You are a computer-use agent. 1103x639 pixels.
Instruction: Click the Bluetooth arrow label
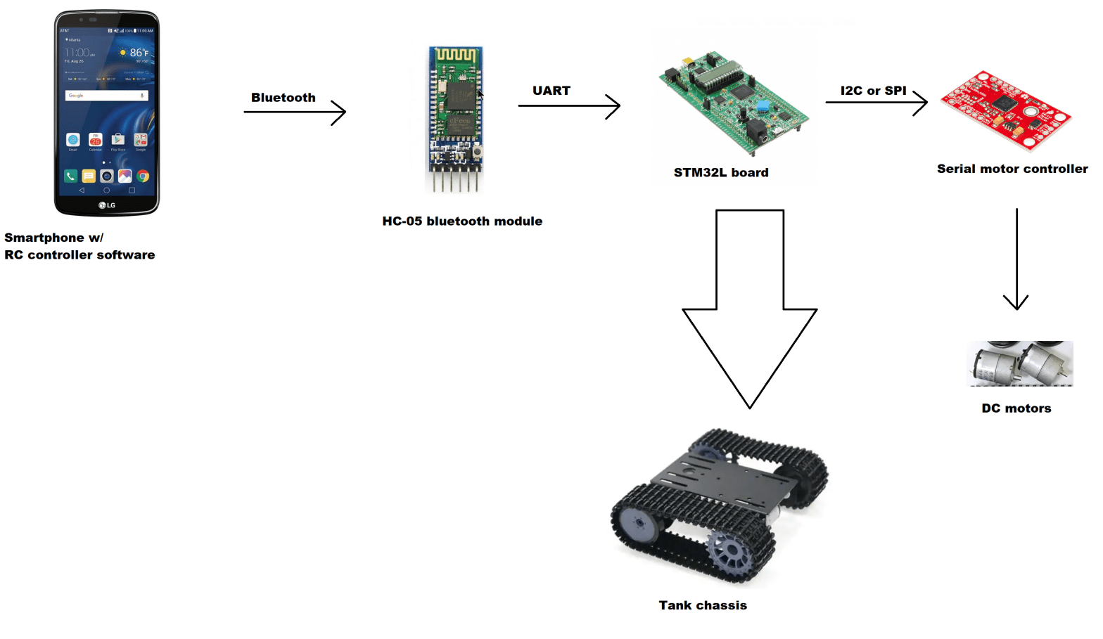pos(283,98)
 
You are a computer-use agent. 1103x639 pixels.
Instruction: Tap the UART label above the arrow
pos(551,91)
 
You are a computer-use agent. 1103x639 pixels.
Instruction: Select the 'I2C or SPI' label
pos(873,91)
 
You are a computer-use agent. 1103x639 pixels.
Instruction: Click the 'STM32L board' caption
pos(720,173)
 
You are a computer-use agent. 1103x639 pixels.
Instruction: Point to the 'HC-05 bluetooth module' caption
pos(462,221)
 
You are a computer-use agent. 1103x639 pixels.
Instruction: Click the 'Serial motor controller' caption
pos(1012,169)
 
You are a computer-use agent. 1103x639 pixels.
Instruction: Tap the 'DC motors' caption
pos(1016,408)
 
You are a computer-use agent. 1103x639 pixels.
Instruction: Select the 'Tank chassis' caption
pos(702,605)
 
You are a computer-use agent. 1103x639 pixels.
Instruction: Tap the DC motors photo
pos(1020,363)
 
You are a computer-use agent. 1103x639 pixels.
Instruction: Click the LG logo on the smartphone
pos(107,205)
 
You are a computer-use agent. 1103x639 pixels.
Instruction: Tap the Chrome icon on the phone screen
pos(143,176)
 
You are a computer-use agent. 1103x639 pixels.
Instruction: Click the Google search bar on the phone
pos(106,96)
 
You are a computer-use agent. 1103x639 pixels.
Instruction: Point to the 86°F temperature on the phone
pos(138,53)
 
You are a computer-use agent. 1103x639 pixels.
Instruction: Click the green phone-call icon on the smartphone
pos(70,176)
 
